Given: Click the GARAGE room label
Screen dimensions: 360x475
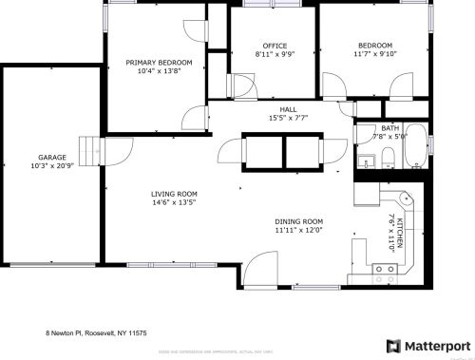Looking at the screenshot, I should tap(51, 157).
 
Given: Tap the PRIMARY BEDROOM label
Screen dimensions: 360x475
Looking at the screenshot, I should tap(159, 63).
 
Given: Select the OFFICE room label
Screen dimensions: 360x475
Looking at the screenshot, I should tap(275, 46).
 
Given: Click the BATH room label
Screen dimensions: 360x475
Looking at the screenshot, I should tap(389, 127).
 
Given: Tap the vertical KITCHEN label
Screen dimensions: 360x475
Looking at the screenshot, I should tap(400, 232).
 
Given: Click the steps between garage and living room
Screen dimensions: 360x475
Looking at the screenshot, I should tap(90, 150).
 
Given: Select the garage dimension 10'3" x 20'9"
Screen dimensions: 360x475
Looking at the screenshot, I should tap(51, 166).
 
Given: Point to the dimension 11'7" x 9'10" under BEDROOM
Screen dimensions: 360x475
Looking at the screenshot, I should tap(374, 54).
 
